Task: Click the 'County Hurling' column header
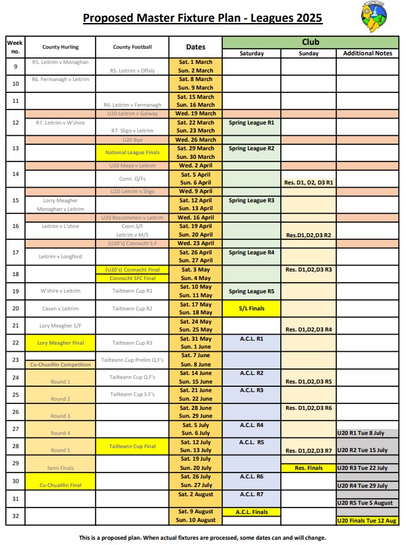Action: (60, 47)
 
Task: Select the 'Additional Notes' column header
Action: (366, 53)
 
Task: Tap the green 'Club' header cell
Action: (309, 42)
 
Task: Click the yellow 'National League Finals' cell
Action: (132, 153)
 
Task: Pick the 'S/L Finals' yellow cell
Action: (252, 308)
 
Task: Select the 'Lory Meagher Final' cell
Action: (60, 343)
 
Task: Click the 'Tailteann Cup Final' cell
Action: (132, 446)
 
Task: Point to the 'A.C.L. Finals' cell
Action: (252, 511)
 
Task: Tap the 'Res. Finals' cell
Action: (308, 468)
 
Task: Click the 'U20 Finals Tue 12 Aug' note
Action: (366, 520)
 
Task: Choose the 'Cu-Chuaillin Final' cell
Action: (60, 484)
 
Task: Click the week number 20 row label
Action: (16, 308)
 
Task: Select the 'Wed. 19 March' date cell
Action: (195, 113)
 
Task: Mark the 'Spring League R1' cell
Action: (252, 123)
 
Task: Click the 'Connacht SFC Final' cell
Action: (132, 278)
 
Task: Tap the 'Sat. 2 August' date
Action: (195, 494)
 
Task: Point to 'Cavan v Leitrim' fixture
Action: (60, 308)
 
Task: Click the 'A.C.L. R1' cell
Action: (252, 339)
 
